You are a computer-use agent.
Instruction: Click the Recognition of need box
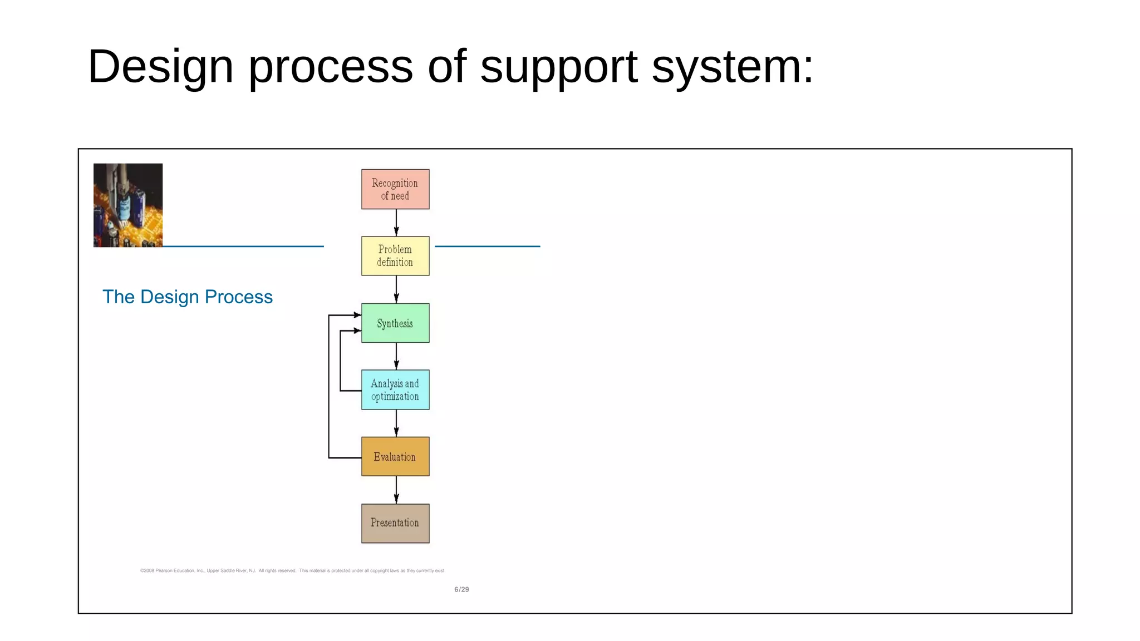point(395,189)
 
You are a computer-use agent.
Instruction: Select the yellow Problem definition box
point(395,256)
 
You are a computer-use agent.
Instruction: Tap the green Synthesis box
point(395,323)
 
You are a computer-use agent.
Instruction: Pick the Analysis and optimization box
point(395,389)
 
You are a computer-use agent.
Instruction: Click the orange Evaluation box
point(395,456)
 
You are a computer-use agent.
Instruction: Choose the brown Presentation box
point(395,523)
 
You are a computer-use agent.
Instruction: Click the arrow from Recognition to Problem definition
point(396,223)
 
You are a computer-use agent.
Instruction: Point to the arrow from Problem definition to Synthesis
point(396,289)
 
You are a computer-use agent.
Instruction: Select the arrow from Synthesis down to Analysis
point(396,356)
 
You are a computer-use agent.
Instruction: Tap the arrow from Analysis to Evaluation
point(396,423)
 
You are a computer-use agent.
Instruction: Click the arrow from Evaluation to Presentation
point(396,490)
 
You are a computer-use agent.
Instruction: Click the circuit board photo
point(128,205)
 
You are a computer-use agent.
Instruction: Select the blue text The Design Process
point(188,297)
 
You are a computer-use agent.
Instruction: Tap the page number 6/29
point(461,589)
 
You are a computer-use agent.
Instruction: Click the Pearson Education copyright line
point(293,570)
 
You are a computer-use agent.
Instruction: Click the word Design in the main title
point(160,67)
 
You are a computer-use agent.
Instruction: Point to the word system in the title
point(733,67)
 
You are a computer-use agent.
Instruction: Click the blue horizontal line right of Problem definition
point(487,246)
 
